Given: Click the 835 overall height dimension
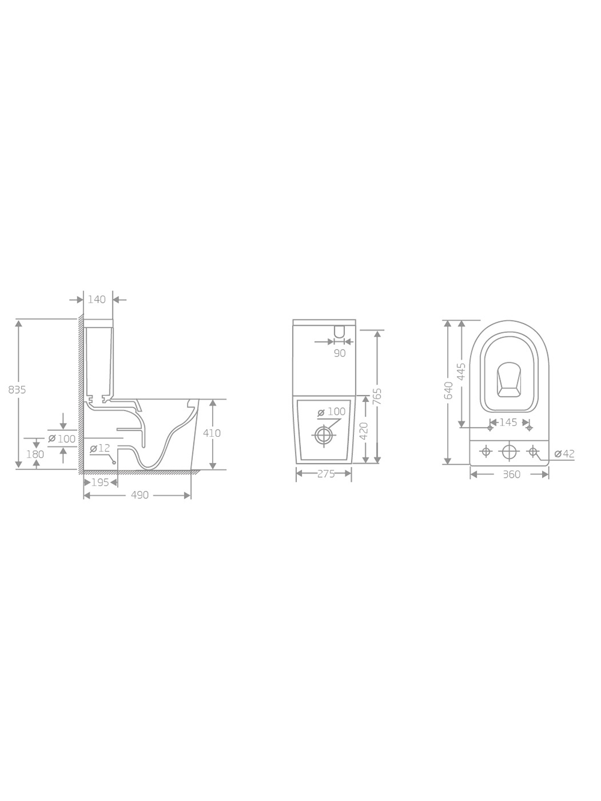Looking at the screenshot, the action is (17, 390).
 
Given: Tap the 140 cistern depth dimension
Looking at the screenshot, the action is (97, 299).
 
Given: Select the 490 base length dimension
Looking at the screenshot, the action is (140, 495).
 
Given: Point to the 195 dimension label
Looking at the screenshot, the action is (100, 483).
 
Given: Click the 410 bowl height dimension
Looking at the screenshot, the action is (212, 433).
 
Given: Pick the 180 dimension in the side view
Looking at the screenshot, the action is (35, 454).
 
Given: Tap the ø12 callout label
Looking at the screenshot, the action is (100, 448).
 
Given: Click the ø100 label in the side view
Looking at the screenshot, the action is (62, 439).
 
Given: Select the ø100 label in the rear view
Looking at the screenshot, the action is (331, 412).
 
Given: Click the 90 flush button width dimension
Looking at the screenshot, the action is (340, 353).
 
